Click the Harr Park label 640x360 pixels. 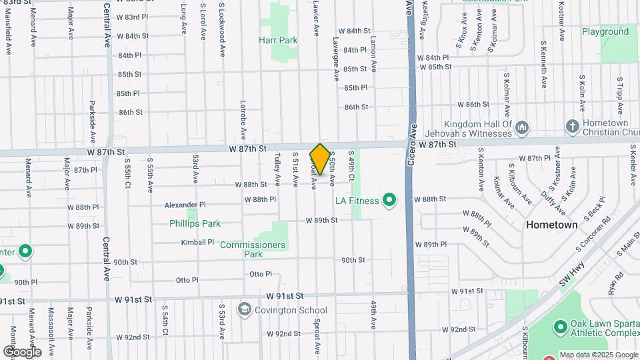(278, 40)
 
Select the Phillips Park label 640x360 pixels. (195, 223)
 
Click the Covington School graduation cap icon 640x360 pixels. (245, 310)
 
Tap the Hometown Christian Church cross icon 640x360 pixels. (572, 126)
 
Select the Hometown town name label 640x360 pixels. (552, 225)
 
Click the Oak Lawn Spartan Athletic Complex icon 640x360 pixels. (560, 328)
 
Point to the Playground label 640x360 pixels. (605, 31)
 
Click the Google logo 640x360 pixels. (22, 351)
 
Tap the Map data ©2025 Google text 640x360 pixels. (599, 355)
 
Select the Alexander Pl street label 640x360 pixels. (185, 205)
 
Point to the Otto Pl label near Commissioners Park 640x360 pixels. (261, 274)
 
